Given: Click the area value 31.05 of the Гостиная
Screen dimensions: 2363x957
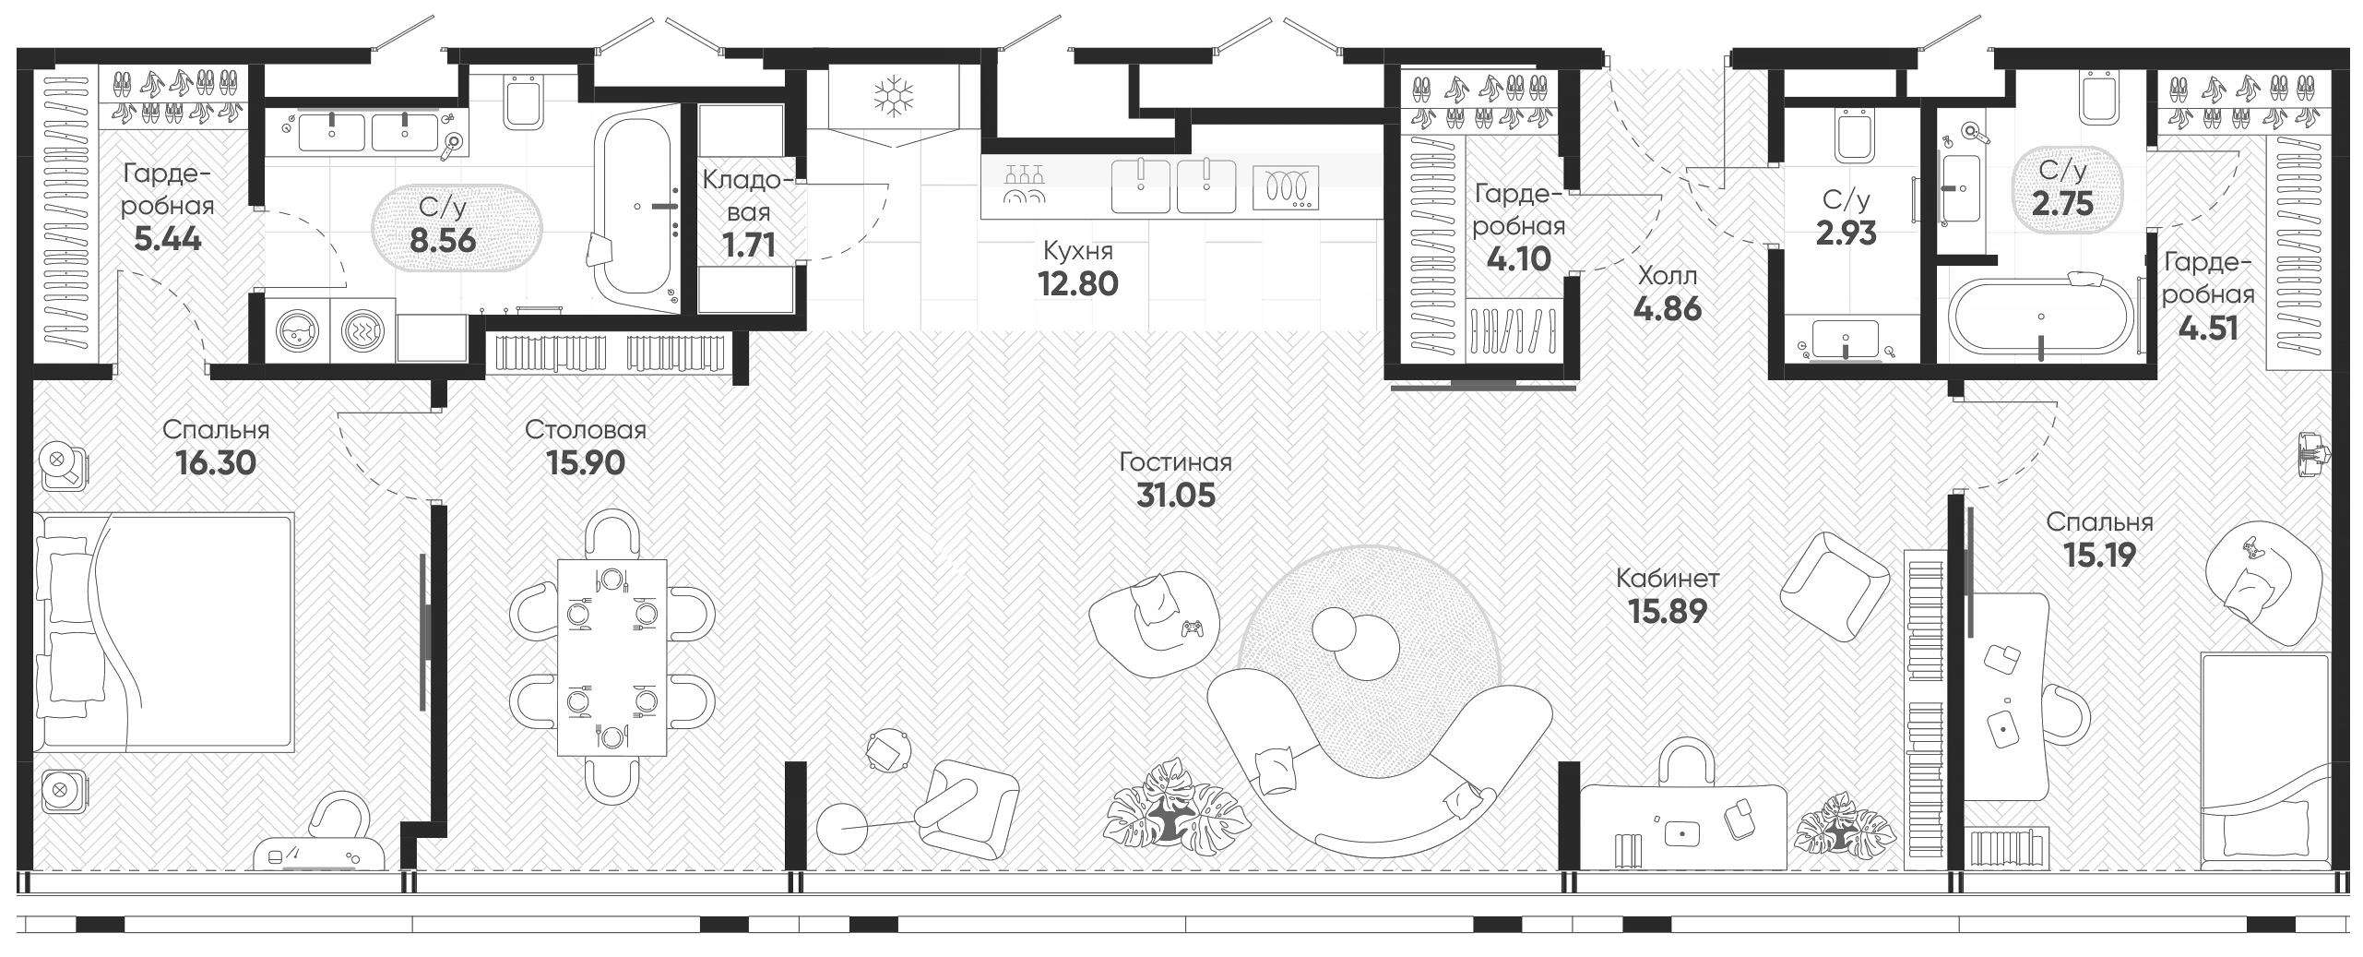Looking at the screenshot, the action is (x=1176, y=496).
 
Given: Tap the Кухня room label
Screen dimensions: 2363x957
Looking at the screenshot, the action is (x=1078, y=250).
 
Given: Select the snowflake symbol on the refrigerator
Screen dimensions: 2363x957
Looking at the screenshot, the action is (x=894, y=96).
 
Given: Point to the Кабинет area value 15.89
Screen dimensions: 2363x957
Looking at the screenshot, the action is (x=1668, y=611).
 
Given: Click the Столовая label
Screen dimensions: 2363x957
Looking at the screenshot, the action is (x=586, y=429).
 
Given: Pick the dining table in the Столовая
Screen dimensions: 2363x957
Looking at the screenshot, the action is (x=612, y=657).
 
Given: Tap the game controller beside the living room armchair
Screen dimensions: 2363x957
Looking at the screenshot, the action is (x=1193, y=629).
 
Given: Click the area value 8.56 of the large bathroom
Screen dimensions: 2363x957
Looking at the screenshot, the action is (x=444, y=240).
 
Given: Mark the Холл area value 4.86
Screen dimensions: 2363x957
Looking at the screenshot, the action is (x=1668, y=308).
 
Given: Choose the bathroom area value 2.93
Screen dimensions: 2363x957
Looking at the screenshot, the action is (x=1846, y=233).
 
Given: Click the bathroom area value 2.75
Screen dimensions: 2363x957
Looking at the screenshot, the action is (x=2063, y=203).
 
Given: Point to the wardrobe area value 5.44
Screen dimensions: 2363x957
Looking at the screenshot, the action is (x=168, y=239).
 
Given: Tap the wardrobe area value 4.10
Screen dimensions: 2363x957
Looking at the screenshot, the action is (x=1519, y=258).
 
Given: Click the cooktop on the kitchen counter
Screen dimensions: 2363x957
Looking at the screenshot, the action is (x=1286, y=188).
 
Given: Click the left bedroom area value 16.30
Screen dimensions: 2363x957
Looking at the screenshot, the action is (x=216, y=462).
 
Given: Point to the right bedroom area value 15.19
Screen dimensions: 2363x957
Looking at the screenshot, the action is (x=2099, y=555).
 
